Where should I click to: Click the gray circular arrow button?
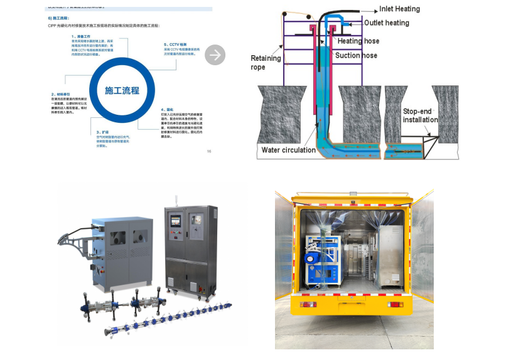[x=215, y=55]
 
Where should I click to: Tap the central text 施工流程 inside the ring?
[x=122, y=90]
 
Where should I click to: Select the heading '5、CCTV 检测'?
[x=175, y=45]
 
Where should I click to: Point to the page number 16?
[x=208, y=151]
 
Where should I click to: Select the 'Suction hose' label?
[x=356, y=55]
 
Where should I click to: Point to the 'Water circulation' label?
[x=289, y=150]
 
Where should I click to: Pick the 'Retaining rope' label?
[x=266, y=63]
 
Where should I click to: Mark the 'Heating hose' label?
[x=358, y=41]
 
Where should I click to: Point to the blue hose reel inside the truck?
[x=311, y=258]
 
